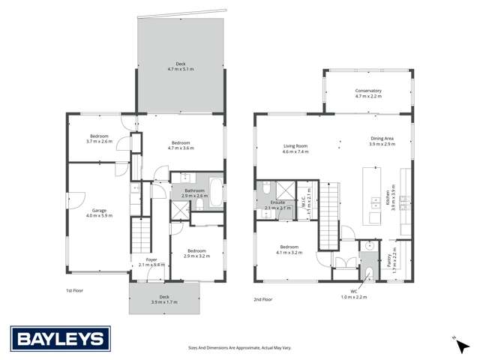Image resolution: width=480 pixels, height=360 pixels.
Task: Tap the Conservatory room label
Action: [x=368, y=91]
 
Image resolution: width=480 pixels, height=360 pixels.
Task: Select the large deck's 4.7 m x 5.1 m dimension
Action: [x=180, y=69]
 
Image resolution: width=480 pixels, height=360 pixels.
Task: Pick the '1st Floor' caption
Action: [x=73, y=289]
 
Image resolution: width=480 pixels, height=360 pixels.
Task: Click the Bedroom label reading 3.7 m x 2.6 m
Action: [x=99, y=138]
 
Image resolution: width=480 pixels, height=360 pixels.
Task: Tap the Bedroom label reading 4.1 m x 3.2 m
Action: [x=289, y=250]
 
